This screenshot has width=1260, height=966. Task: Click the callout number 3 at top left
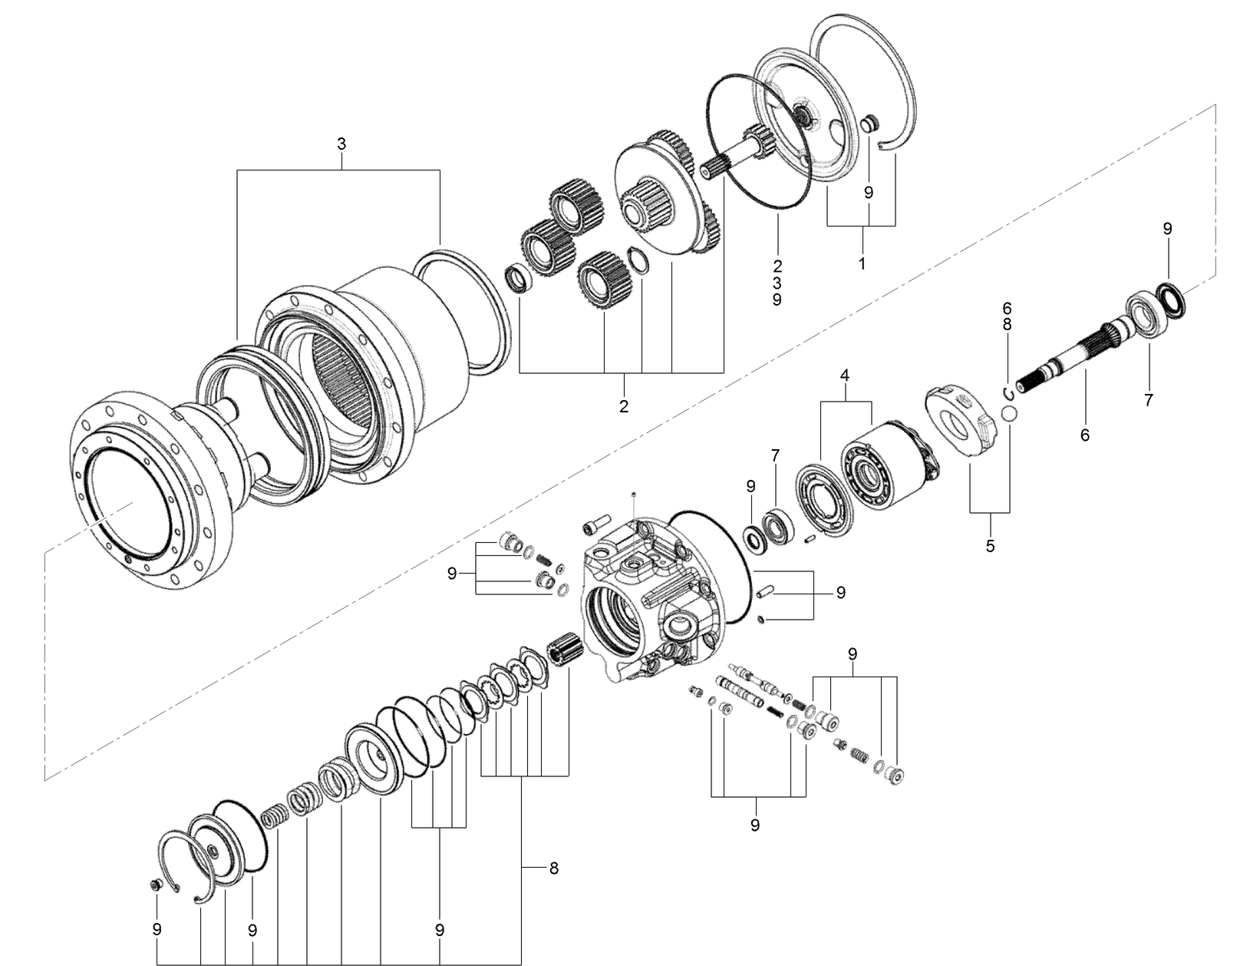point(341,144)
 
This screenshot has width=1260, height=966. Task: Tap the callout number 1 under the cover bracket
point(861,263)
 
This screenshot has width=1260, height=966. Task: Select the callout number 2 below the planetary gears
point(623,406)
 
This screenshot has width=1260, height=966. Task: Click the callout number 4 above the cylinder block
point(845,375)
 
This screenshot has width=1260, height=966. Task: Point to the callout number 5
point(990,546)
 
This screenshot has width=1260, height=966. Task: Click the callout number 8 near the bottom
point(553,868)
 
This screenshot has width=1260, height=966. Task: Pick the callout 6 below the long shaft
point(1084,435)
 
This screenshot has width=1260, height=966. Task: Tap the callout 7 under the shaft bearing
point(1148,399)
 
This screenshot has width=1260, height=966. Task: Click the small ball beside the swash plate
point(1011,415)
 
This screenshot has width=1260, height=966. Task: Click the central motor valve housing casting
point(652,599)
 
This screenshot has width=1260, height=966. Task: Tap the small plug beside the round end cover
point(869,123)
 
